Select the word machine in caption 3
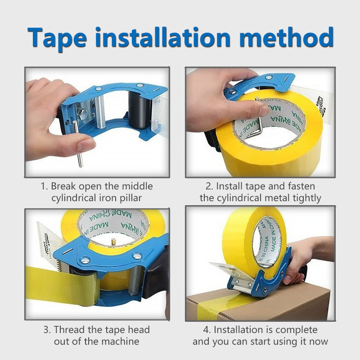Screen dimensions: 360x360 tap(123, 342)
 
